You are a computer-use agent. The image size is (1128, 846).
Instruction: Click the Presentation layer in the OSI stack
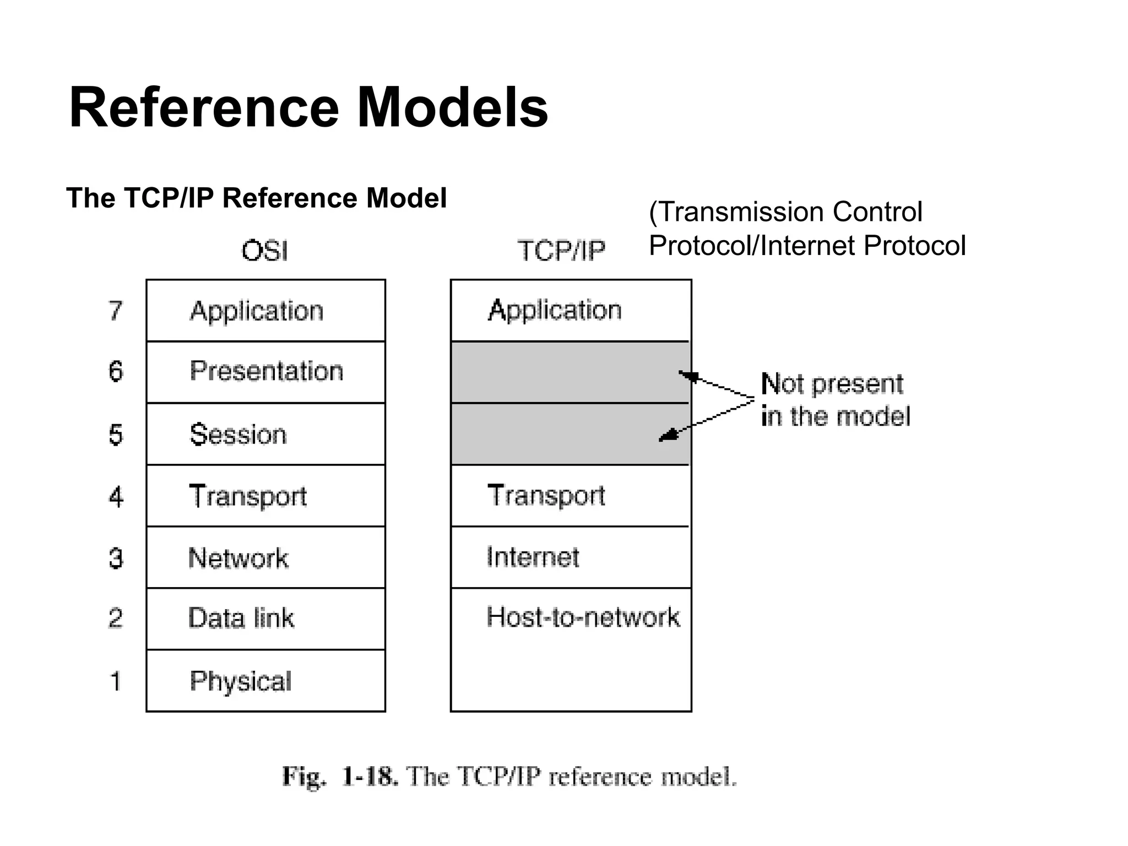point(266,371)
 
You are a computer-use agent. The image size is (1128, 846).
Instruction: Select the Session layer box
point(266,434)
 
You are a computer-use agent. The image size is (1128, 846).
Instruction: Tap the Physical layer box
point(266,681)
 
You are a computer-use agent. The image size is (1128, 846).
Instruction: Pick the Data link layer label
point(241,618)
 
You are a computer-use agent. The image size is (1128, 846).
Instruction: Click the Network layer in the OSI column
point(266,557)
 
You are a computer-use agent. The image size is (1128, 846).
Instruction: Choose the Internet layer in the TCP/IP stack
point(533,557)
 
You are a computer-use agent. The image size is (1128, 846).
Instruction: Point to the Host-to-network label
point(583,617)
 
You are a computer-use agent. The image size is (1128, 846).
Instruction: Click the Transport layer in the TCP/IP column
point(546,495)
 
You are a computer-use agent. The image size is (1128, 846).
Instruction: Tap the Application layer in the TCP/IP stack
point(555,310)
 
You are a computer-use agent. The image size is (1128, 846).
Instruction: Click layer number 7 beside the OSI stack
point(115,311)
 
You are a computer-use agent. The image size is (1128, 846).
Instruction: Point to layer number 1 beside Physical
point(115,681)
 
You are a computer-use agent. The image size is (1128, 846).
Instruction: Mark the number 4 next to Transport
point(116,496)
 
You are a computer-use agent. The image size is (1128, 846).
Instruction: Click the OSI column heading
point(264,251)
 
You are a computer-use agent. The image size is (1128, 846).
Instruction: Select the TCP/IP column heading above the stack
point(561,251)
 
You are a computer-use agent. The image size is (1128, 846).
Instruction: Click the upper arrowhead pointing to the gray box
point(687,376)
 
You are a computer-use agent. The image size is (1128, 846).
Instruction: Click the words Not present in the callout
point(832,384)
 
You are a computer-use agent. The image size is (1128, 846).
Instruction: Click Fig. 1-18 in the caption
point(339,777)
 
